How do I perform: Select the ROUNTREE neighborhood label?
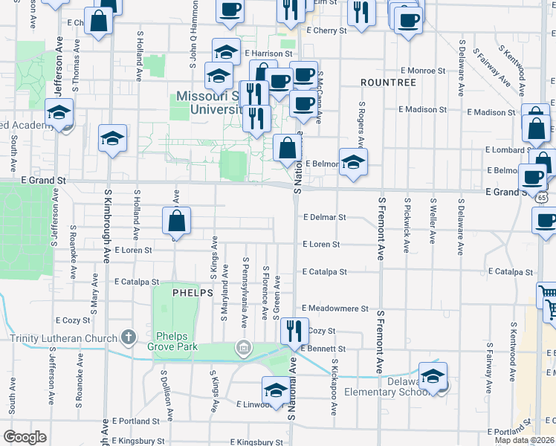387,82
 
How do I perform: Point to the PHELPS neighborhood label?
193,293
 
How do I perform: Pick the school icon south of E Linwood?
276,390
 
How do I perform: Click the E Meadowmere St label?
334,308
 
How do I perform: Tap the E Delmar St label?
325,218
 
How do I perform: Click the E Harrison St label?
267,54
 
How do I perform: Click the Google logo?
25,436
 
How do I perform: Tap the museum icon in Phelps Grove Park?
243,347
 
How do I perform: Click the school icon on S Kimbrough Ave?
112,138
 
